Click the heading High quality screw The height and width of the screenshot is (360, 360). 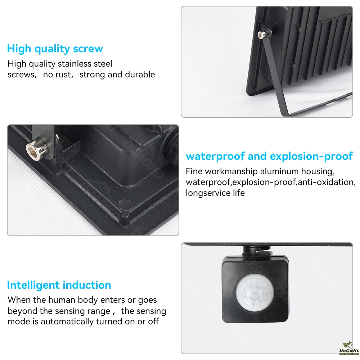[x=55, y=49]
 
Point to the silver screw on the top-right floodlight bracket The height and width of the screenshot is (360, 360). [x=262, y=35]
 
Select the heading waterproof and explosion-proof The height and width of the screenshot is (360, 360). [x=269, y=156]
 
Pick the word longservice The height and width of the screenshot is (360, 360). [x=208, y=193]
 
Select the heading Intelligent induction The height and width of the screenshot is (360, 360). [x=59, y=285]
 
